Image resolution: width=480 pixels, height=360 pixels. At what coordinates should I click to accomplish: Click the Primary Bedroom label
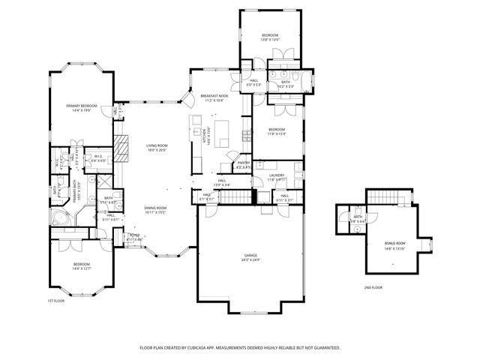tap(82, 106)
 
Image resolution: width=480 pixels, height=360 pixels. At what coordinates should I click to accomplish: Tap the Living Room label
tap(157, 145)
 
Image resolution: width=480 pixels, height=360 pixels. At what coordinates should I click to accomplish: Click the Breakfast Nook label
tap(214, 96)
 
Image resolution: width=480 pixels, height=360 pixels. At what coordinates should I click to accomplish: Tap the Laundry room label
tap(277, 175)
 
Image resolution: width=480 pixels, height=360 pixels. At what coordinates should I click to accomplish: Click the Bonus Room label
tap(394, 243)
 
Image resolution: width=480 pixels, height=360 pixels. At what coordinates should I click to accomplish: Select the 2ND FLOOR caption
tap(373, 287)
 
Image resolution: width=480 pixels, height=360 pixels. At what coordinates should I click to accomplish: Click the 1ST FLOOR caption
tap(56, 300)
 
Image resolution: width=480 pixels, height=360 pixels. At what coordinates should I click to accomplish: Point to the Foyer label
tap(134, 235)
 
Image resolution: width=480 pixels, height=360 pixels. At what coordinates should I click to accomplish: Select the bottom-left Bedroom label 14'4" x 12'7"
tap(82, 268)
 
